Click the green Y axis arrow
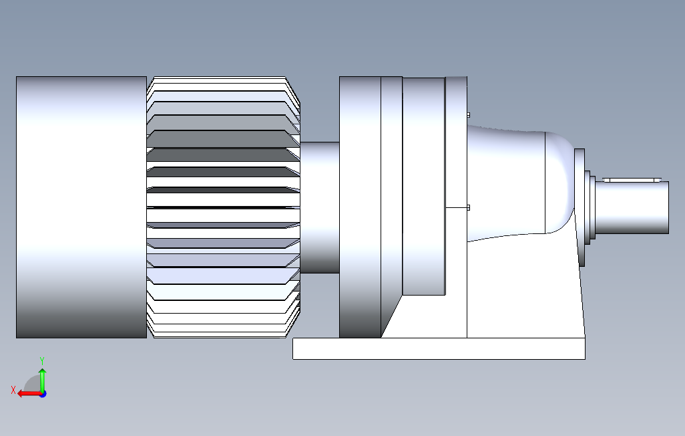(42, 379)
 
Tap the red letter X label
(13, 389)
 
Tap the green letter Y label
(42, 360)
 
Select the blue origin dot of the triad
(42, 394)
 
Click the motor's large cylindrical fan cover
(81, 207)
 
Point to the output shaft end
(634, 207)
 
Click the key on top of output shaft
(631, 180)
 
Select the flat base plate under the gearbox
(439, 348)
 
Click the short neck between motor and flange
(320, 207)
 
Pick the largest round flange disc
(359, 207)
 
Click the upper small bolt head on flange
(468, 115)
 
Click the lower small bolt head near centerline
(468, 207)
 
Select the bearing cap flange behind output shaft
(580, 207)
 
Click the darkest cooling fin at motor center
(220, 191)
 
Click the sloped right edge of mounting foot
(578, 281)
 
